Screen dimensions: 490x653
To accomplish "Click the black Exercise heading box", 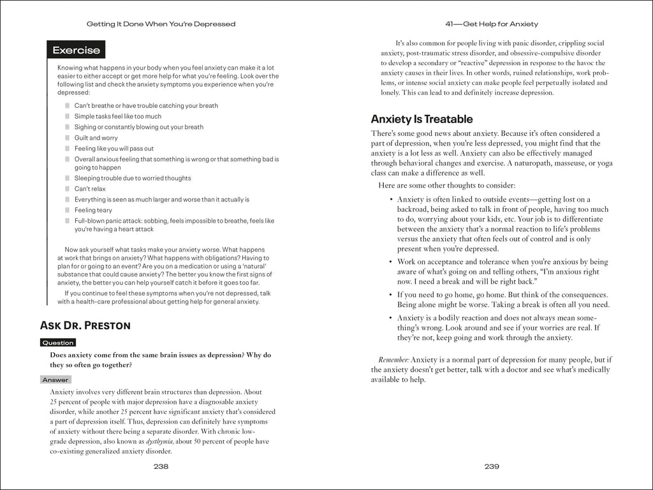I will coord(76,50).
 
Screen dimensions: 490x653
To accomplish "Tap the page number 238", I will coord(161,466).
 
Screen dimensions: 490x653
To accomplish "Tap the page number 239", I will coord(491,466).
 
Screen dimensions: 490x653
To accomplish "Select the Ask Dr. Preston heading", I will coord(85,325).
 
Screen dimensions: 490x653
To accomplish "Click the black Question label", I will coord(58,343).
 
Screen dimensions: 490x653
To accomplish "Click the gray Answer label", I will coord(55,380).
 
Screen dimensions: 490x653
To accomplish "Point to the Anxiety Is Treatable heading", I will coord(422,119).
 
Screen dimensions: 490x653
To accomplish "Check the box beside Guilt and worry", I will coord(68,138).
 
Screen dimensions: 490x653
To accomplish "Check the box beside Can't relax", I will coord(68,189).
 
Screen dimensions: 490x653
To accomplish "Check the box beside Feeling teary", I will coord(68,211).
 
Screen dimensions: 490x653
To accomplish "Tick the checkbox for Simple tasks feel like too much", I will coord(68,117).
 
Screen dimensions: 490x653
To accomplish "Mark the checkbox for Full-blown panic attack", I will coord(68,221).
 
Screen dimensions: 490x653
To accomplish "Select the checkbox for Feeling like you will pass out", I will coord(68,149).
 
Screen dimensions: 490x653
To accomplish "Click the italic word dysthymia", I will coord(159,441).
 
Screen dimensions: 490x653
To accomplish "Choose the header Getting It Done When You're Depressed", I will coord(161,24).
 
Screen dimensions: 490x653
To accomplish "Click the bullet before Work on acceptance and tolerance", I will coord(390,262).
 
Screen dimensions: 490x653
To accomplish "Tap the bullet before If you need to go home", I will coord(390,295).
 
